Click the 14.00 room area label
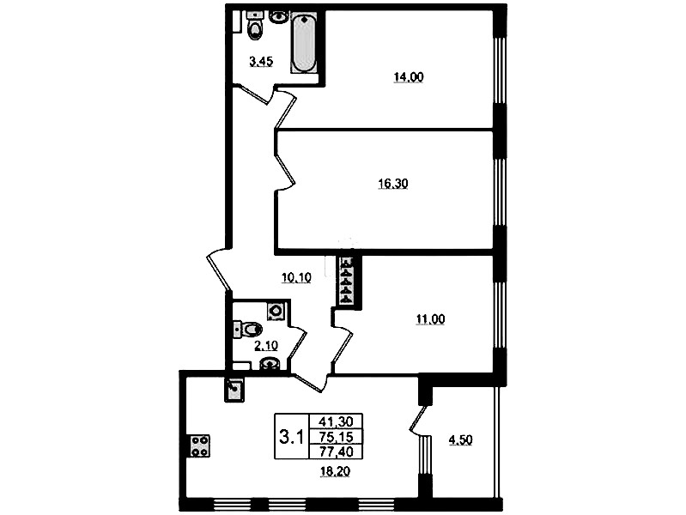[409, 77]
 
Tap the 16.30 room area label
[393, 184]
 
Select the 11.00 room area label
[430, 319]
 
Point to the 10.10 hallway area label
[296, 277]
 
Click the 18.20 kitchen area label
[335, 472]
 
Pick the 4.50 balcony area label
[461, 439]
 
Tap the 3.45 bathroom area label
[261, 62]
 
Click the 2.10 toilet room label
[266, 346]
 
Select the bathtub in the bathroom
[304, 43]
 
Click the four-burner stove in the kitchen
[199, 445]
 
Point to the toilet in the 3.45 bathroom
[255, 26]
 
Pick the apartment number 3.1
[291, 437]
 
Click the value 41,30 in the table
[336, 421]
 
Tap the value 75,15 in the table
[336, 436]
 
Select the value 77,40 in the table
[336, 451]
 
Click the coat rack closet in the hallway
[348, 281]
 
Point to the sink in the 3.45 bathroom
[278, 16]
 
